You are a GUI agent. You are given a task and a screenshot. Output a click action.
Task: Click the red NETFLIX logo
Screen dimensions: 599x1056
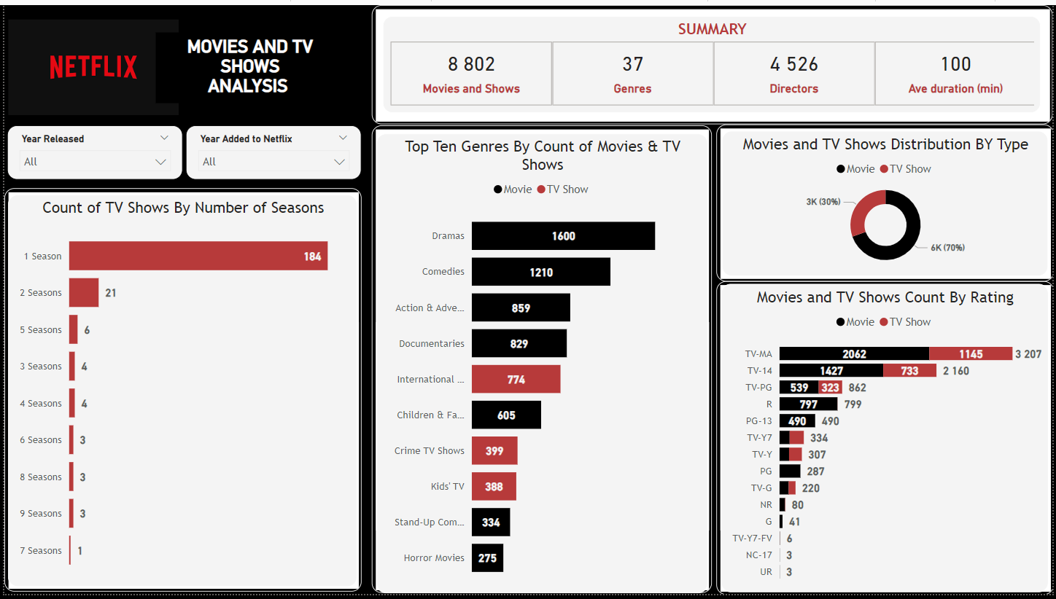pos(93,67)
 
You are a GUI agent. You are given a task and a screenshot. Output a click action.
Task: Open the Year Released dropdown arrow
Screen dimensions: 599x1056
pos(161,162)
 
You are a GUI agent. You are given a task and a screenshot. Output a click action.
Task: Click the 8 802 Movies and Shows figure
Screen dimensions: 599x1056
pos(471,65)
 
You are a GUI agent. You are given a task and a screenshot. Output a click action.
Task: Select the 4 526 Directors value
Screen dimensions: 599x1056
pos(793,65)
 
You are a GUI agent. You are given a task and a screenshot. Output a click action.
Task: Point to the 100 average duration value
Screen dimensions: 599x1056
pos(955,65)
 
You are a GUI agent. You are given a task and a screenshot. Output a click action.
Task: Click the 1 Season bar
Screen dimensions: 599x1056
pos(198,256)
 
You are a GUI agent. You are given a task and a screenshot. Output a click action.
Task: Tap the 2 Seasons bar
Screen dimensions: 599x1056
pos(84,293)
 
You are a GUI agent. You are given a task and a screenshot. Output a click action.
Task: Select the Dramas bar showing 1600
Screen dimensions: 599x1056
pos(563,236)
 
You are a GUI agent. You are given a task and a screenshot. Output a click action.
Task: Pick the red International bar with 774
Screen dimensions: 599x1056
pos(516,379)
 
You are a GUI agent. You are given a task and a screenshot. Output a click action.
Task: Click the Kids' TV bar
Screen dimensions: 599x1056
pos(494,486)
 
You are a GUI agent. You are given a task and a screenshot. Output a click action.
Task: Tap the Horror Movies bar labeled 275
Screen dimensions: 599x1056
pos(487,558)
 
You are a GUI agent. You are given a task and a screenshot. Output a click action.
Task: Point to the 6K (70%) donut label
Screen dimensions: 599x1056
pos(947,248)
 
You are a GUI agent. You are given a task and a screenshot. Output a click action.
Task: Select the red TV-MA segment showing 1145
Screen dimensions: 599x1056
pos(971,354)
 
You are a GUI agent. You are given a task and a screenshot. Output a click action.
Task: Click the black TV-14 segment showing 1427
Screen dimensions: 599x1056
pos(831,371)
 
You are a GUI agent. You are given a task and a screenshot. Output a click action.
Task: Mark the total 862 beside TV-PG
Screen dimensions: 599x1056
pos(858,388)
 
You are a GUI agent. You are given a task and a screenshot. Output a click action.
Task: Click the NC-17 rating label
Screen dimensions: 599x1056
pos(759,555)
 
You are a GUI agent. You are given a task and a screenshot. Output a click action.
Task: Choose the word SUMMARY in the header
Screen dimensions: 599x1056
pos(712,29)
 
